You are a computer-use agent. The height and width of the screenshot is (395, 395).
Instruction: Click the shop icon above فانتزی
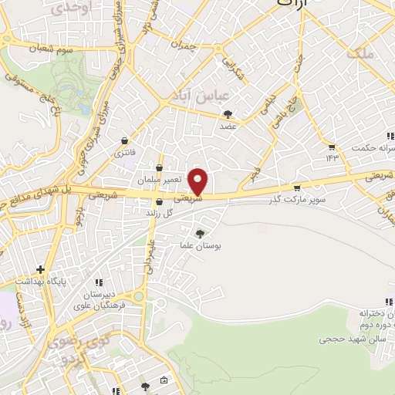coord(125,141)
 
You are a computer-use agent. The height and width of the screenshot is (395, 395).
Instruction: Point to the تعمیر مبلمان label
coord(160,179)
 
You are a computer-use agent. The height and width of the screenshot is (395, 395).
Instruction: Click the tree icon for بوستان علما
coord(201,234)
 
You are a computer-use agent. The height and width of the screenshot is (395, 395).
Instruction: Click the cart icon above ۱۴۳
coord(332,147)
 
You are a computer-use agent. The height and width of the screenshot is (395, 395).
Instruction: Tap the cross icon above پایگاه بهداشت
coord(41,269)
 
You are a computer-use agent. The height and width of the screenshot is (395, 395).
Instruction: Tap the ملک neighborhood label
coord(360,54)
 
